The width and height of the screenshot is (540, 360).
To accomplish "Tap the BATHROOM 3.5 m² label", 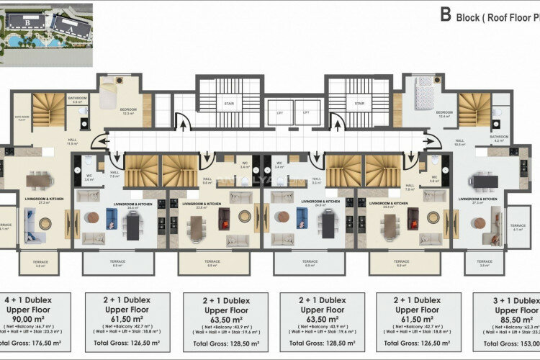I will pyautogui.click(x=77, y=100).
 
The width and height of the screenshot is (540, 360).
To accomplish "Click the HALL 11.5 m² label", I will pyautogui.click(x=71, y=143).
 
